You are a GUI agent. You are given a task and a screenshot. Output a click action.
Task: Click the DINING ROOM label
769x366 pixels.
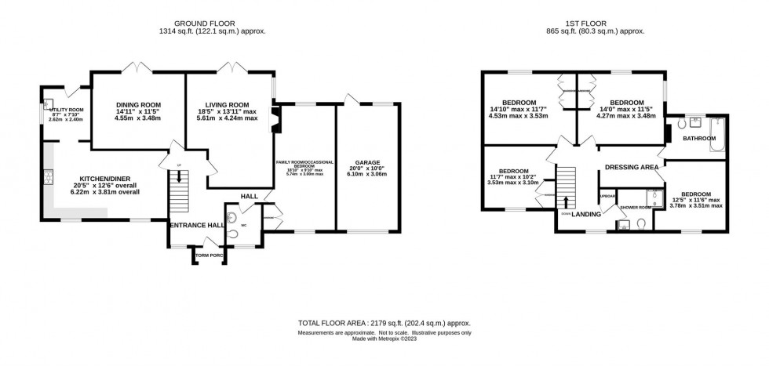(x=138, y=105)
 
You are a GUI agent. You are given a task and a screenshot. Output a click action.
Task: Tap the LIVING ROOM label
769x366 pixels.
(x=228, y=105)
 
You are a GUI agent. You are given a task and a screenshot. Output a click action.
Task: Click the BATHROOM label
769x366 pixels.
(x=698, y=139)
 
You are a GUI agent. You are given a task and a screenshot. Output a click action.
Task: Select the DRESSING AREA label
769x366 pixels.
(x=631, y=166)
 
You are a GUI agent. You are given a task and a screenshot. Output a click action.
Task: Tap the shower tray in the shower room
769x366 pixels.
(x=653, y=197)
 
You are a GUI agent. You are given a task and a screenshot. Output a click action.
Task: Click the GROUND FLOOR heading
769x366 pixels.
(x=209, y=24)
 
